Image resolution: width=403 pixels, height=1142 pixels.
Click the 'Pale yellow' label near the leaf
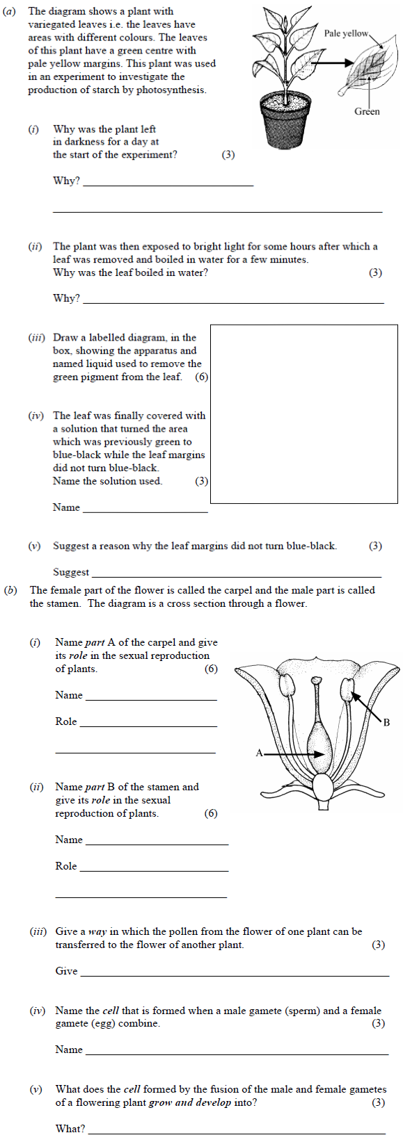tap(346, 33)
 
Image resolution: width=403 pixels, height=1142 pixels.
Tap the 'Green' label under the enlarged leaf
tap(367, 111)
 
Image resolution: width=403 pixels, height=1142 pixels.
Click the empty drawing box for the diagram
tap(303, 414)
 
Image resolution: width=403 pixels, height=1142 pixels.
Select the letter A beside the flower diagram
tap(259, 753)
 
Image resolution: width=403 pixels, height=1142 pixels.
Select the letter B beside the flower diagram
tap(386, 722)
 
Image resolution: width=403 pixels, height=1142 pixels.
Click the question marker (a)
tap(9, 11)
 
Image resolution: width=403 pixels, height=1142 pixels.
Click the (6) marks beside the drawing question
tap(201, 377)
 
